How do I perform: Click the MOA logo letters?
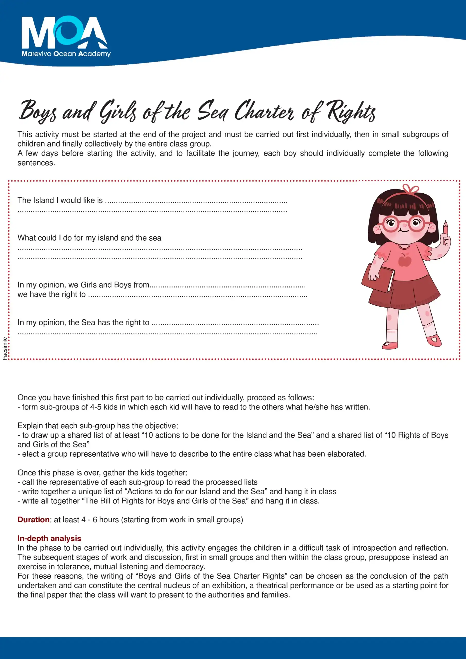64,32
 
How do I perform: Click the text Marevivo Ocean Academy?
66,54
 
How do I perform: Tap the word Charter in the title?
264,111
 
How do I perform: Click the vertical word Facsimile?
5,348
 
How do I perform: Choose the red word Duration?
33,519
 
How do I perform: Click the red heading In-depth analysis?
49,538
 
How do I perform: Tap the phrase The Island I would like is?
60,200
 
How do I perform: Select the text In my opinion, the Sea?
56,322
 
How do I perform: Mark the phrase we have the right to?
51,294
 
